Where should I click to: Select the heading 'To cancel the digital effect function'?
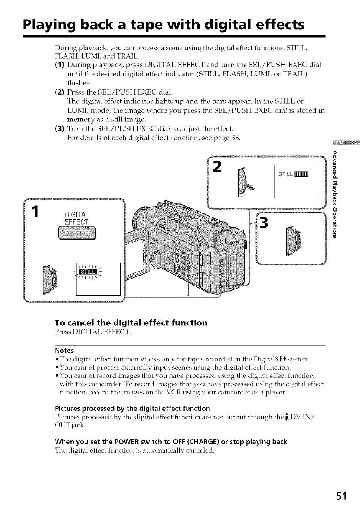(125, 323)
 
